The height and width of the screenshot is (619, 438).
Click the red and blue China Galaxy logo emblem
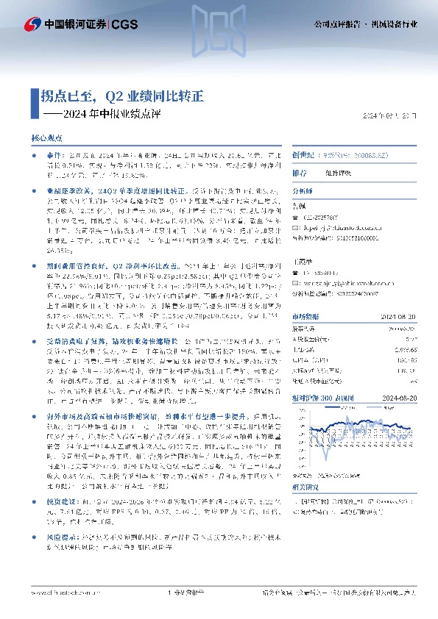32,24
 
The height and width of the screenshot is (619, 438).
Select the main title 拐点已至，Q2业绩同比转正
122,96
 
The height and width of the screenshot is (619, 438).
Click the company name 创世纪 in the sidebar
302,156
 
